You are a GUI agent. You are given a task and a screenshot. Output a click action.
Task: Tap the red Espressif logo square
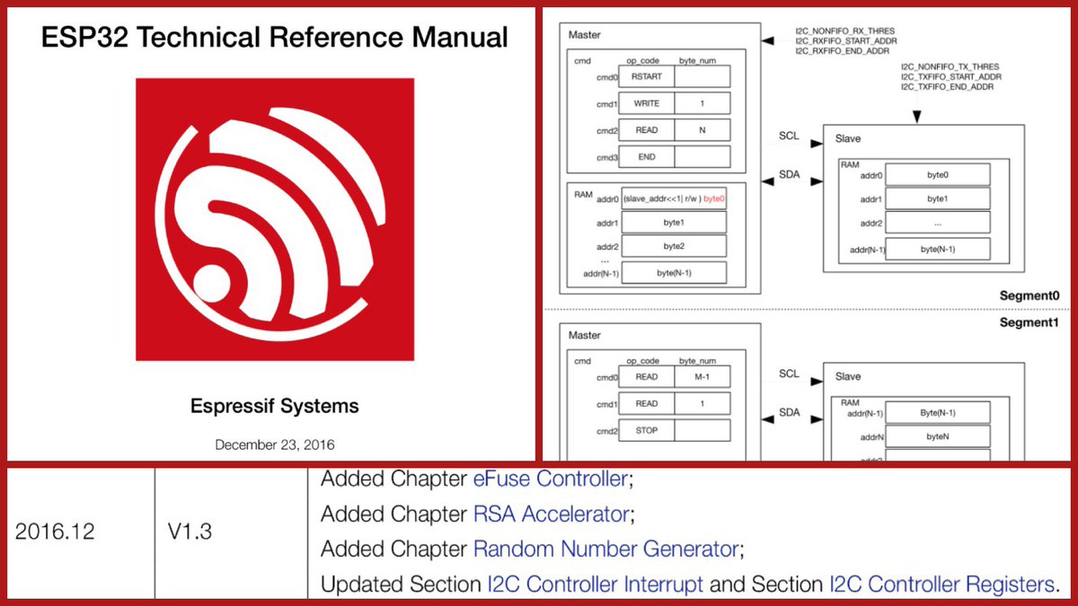coord(275,218)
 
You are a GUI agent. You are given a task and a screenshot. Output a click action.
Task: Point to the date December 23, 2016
coord(275,444)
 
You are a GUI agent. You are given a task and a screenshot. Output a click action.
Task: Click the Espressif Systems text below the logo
coord(275,406)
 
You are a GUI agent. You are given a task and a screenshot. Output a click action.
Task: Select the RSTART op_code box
coord(646,77)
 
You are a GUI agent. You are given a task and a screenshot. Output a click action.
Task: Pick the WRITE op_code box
coord(646,104)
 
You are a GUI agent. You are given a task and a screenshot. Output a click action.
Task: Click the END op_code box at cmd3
coord(646,157)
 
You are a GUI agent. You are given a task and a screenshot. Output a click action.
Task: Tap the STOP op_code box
coord(646,430)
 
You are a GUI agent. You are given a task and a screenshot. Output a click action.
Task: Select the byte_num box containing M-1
coord(702,377)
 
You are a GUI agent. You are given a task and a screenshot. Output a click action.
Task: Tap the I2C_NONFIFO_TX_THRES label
coord(951,66)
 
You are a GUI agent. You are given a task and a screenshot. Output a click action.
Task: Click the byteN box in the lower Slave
coord(937,437)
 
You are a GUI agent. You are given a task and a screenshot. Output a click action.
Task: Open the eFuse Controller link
coord(550,479)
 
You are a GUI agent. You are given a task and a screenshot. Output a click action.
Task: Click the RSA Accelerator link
coord(550,514)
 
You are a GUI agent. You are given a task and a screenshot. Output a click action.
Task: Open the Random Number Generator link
coord(606,549)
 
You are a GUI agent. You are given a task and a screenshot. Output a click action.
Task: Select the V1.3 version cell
coord(190,531)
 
